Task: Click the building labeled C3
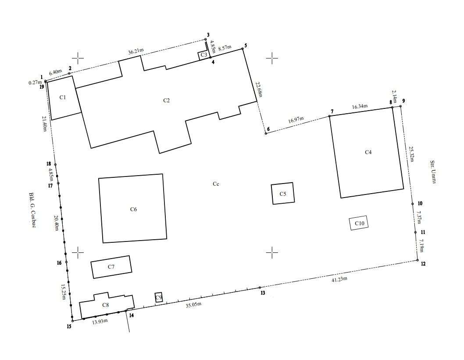[203, 55]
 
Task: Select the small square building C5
[283, 194]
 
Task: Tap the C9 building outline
[159, 297]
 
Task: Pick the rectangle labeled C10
[359, 223]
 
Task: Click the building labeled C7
[111, 267]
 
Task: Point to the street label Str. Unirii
[433, 172]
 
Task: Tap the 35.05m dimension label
[193, 304]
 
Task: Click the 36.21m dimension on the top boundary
[136, 51]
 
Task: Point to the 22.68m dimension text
[259, 90]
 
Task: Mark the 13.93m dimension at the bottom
[100, 322]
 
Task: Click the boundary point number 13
[263, 293]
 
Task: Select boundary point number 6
[268, 129]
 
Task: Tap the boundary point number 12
[423, 264]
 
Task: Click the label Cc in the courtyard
[216, 184]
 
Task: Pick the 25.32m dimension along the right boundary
[411, 154]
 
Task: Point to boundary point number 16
[59, 263]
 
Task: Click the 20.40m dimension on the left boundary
[57, 223]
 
